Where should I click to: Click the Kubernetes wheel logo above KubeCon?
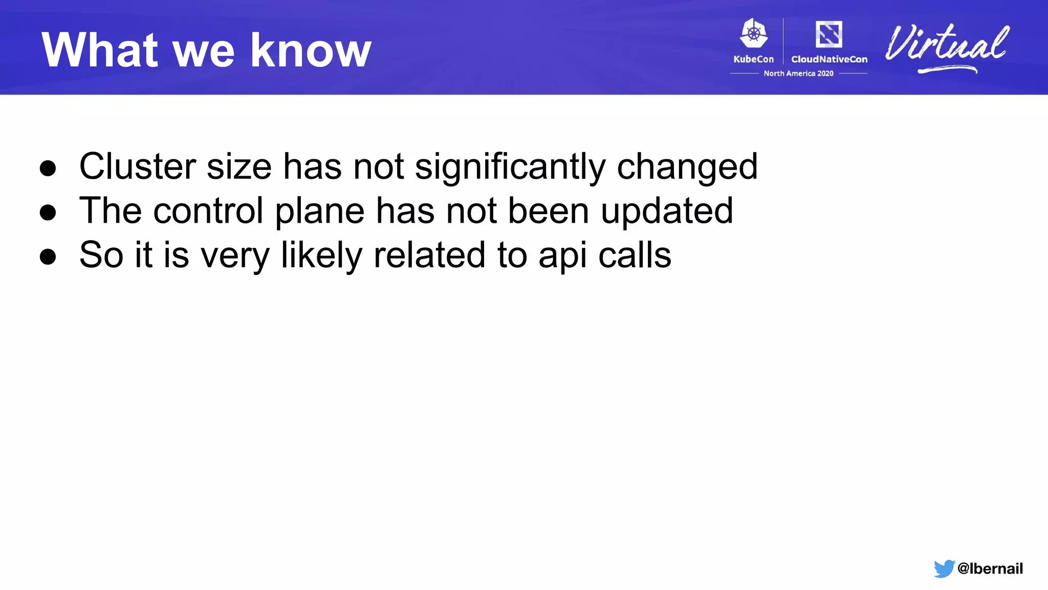pos(753,34)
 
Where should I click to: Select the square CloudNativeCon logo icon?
pos(828,34)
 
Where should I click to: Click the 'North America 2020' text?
pos(798,74)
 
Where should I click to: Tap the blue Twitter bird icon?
pos(944,568)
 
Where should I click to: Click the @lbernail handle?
pos(990,568)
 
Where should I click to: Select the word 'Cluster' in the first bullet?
pos(137,166)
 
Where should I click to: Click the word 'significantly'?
pos(510,167)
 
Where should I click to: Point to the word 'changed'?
pos(687,167)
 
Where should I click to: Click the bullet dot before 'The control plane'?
pos(48,212)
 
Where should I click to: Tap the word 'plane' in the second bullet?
pos(319,212)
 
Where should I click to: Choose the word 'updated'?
pos(667,212)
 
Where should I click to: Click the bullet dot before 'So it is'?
pos(48,256)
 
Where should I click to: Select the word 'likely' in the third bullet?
pos(321,256)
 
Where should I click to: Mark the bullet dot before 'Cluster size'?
pos(48,168)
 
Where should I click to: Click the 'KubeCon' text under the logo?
pos(753,59)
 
